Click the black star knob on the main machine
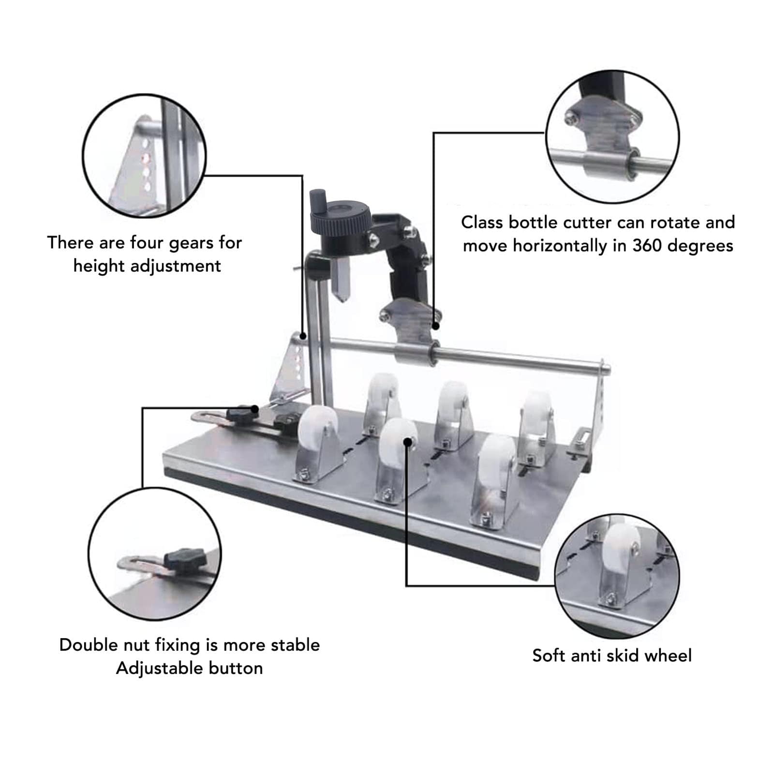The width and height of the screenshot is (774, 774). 242,413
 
